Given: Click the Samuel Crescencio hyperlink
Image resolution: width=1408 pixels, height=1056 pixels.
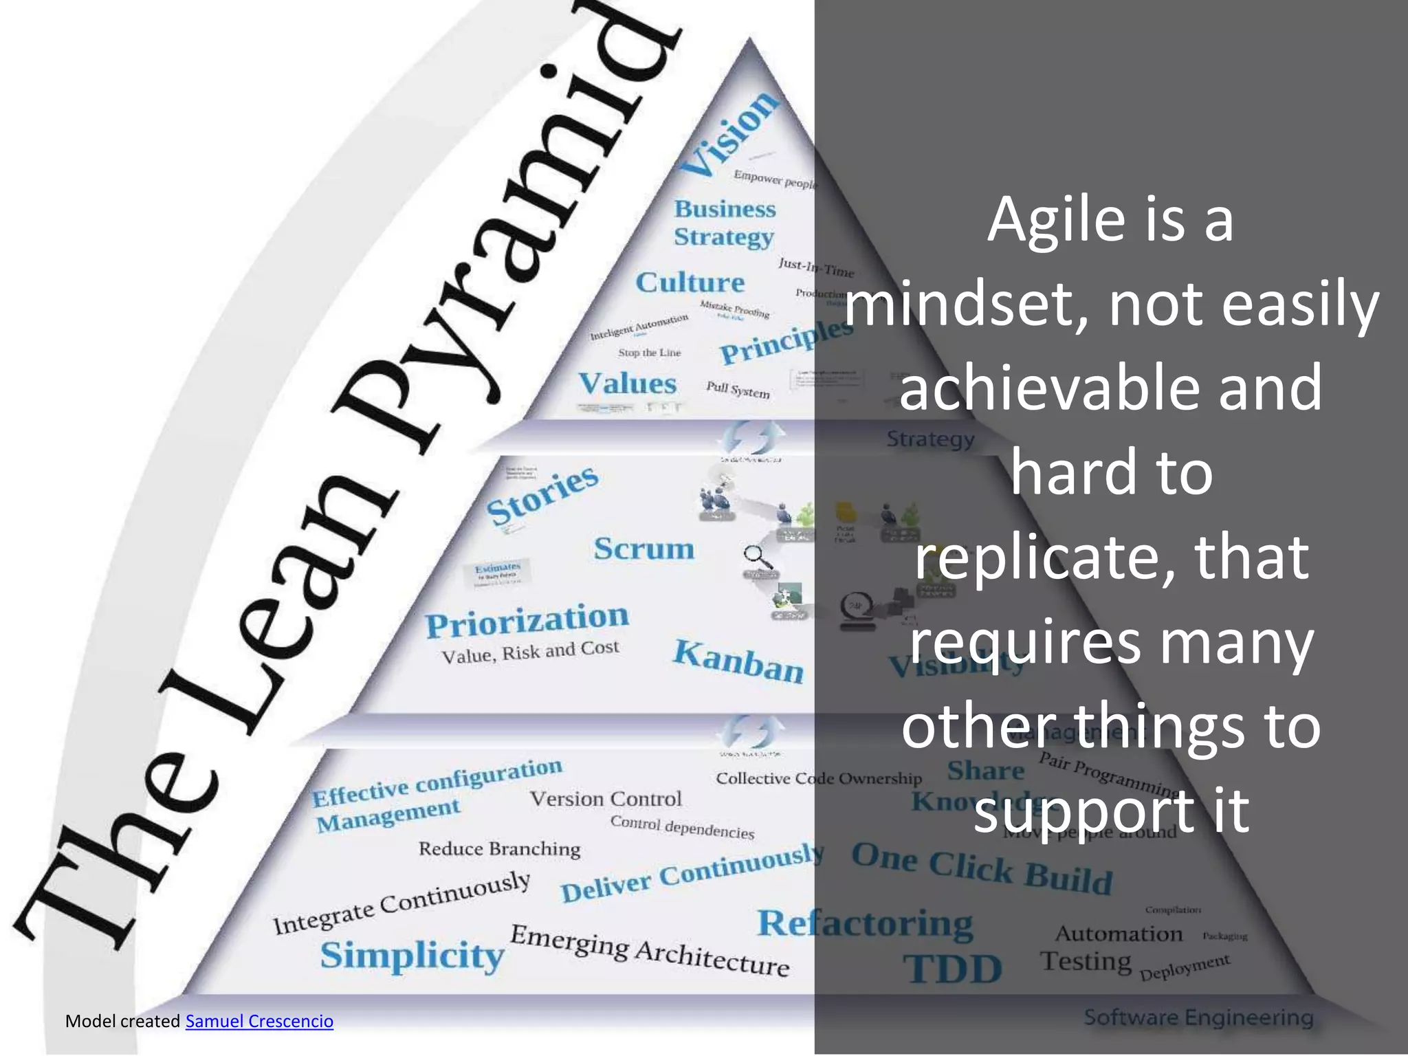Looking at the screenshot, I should [x=259, y=1021].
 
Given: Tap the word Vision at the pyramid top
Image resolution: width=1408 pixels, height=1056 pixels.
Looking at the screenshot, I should [x=729, y=134].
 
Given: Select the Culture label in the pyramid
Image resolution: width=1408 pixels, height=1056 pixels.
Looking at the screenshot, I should [x=690, y=282].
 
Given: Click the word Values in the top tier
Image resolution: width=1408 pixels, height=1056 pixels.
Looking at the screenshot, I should [x=627, y=384].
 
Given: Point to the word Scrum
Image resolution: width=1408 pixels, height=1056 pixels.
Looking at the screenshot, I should [x=643, y=549].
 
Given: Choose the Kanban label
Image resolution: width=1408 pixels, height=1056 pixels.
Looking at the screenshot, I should [x=738, y=661].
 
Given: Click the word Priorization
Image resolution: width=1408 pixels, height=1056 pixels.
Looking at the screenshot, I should [x=527, y=620].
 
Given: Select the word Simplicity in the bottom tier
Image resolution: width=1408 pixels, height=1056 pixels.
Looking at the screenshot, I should [x=412, y=956].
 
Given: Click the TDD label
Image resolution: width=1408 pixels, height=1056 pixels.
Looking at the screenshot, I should [x=952, y=969].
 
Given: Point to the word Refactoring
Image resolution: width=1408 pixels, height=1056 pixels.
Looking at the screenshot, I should [x=865, y=923].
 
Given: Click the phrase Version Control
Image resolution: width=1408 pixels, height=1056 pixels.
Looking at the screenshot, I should [x=605, y=799].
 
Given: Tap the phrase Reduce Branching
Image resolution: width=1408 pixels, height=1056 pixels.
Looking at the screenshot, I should [x=499, y=849].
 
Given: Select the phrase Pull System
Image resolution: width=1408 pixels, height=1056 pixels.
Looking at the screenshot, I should [x=738, y=389].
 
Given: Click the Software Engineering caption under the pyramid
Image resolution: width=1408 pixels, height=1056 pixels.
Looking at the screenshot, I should [x=1198, y=1017].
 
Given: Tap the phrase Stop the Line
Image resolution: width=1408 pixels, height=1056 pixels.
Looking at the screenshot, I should [x=649, y=353].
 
